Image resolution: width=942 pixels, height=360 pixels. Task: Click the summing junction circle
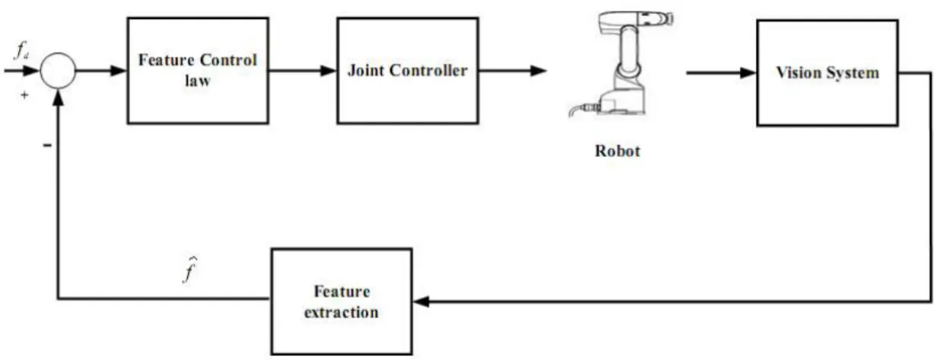[x=58, y=53]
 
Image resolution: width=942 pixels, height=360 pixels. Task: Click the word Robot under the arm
[x=617, y=151]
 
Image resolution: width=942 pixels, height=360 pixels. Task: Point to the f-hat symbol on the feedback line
[x=189, y=269]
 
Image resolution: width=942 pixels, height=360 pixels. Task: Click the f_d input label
[x=21, y=51]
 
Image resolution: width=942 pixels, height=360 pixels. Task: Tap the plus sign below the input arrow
[x=24, y=95]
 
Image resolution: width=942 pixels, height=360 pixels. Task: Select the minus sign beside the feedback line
[x=47, y=145]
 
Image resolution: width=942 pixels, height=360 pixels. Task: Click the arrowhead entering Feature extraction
[x=422, y=301]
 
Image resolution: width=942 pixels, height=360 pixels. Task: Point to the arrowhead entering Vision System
[x=748, y=73]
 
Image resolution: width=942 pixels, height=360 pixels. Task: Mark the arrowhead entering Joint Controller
[x=329, y=71]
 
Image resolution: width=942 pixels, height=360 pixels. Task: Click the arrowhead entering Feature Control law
[x=119, y=71]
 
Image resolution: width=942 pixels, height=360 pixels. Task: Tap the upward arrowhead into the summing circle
[x=58, y=97]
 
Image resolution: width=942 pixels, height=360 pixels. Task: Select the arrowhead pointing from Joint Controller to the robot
[x=538, y=71]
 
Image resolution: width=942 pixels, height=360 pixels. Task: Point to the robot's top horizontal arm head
[x=636, y=19]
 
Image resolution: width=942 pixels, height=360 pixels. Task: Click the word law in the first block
[x=197, y=81]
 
